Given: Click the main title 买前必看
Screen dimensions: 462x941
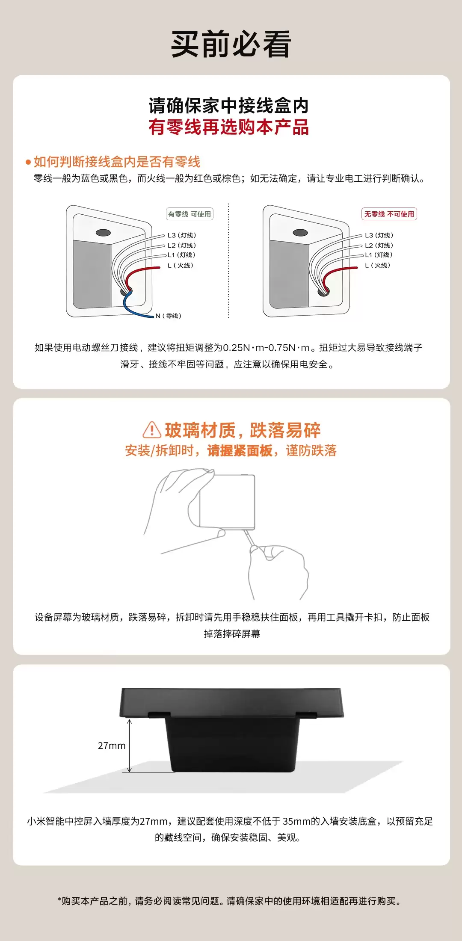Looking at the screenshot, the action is [231, 44].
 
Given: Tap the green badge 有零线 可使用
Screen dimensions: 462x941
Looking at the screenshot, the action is [190, 214].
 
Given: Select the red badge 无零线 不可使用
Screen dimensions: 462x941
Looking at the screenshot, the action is [389, 214].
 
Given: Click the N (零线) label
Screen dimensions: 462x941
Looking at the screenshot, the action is [169, 316].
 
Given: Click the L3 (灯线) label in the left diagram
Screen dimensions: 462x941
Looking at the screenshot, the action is [182, 235].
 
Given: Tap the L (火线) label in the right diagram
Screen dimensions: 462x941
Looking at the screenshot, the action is [378, 265].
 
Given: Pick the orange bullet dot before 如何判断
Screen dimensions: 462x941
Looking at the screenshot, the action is [28, 162].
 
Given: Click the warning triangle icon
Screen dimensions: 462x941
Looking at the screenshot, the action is [152, 430].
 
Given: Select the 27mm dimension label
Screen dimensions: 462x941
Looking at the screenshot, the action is [112, 746].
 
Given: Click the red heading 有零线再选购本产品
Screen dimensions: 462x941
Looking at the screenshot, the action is [229, 127].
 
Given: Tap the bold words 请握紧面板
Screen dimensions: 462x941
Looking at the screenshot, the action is [240, 450].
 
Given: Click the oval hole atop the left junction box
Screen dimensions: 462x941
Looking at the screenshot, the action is [103, 233].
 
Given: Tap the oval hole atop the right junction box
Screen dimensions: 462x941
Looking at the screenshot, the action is [300, 233].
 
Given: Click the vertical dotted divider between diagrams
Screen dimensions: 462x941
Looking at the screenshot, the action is [229, 261].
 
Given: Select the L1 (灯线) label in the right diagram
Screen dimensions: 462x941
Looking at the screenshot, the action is [379, 255].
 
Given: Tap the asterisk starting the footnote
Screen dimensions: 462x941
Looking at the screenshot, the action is [59, 900].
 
